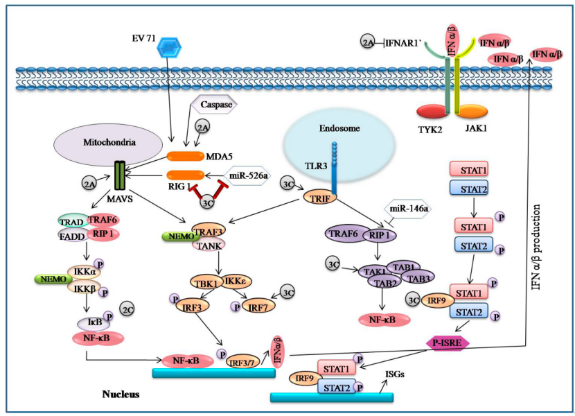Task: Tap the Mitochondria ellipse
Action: (100, 144)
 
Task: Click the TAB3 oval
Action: (416, 277)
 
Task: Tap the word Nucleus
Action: (121, 395)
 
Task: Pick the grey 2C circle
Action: (127, 307)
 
